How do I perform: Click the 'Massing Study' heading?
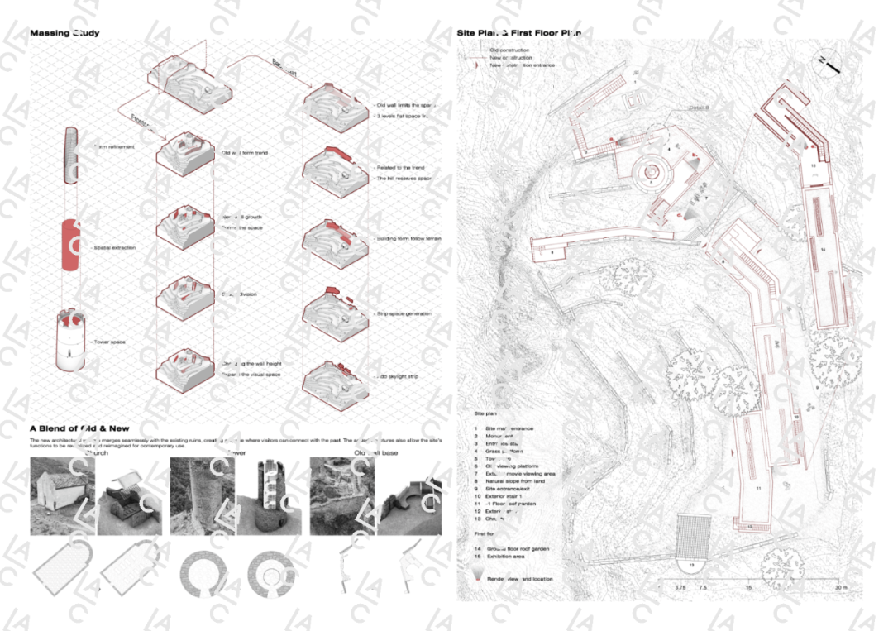coord(64,33)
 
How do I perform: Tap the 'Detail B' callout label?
coord(702,108)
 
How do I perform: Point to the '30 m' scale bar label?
coord(841,588)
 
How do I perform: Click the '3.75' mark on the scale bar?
coord(680,588)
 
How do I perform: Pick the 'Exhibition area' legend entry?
coord(506,557)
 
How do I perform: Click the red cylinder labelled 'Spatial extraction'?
coord(72,246)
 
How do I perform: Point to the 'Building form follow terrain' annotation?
coord(408,238)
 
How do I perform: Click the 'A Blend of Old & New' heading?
coord(79,428)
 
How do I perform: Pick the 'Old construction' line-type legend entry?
coord(510,50)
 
